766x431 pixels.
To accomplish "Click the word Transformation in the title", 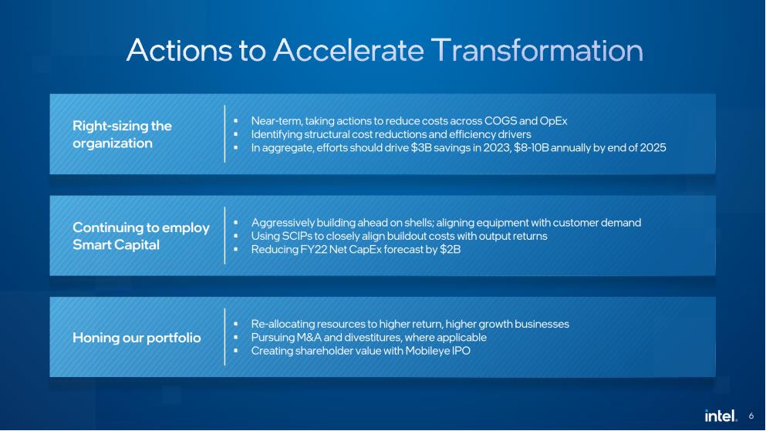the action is click(537, 50).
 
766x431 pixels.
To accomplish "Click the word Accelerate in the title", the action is click(349, 50).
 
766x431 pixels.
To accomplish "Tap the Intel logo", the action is click(720, 416).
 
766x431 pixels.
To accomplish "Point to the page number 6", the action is click(751, 416).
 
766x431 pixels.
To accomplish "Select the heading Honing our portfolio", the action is click(137, 337).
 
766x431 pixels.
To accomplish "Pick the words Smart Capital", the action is click(116, 244).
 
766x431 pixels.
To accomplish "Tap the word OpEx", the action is click(553, 121).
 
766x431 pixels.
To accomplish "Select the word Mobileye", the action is click(426, 351).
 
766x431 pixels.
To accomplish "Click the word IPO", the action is click(461, 351).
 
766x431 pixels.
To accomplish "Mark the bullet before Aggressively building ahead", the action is click(235, 223).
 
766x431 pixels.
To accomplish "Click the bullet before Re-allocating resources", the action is click(235, 324).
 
